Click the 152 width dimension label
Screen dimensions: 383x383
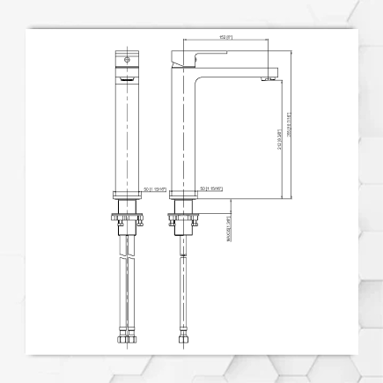coord(225,37)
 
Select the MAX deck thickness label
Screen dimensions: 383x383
coord(229,230)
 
